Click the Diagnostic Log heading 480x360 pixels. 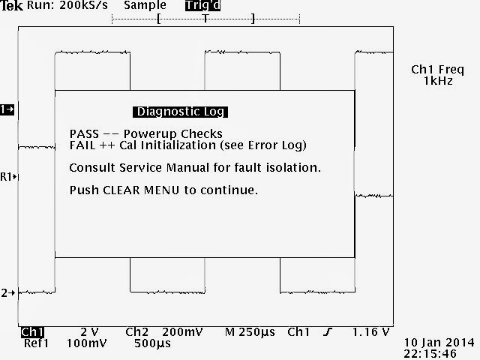[x=180, y=112]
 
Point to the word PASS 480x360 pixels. [x=83, y=134]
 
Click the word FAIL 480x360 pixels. [x=82, y=145]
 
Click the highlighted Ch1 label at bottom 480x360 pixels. [x=33, y=331]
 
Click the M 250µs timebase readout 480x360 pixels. [x=250, y=331]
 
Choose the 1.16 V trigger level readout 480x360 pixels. [x=370, y=331]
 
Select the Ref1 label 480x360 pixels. [x=35, y=343]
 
